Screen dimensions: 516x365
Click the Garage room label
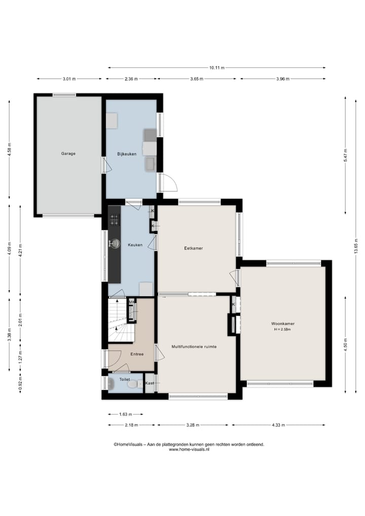(68, 153)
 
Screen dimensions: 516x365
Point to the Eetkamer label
(193, 249)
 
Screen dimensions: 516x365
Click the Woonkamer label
(283, 323)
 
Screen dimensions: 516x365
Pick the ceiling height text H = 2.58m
(283, 329)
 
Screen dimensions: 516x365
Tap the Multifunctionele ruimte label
(194, 347)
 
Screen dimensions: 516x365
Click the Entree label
(136, 354)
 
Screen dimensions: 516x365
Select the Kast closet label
(150, 383)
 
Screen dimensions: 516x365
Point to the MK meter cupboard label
(132, 302)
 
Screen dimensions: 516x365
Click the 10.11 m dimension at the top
(216, 67)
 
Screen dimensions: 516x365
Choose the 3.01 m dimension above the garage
(69, 79)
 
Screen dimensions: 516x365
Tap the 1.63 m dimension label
(125, 414)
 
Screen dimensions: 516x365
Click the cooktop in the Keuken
(114, 220)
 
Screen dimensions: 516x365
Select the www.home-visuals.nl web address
(189, 449)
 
